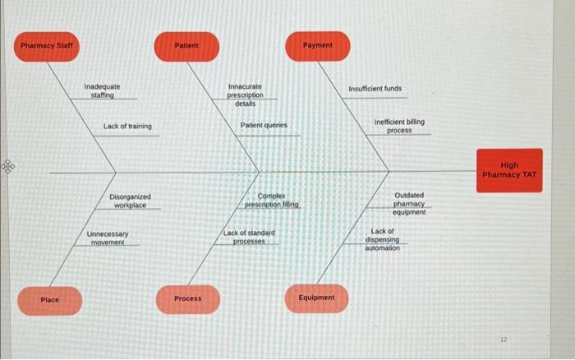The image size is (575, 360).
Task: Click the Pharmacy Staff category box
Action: coord(47,45)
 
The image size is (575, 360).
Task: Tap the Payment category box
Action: coord(317,45)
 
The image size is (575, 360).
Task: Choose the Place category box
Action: coord(50,300)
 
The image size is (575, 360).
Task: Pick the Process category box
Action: coord(188,298)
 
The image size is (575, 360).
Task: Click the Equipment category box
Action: coord(317,298)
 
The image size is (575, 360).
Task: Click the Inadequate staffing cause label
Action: coord(102,90)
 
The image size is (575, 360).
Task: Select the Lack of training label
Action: coord(127,127)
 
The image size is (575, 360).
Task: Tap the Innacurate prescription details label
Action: coord(245,95)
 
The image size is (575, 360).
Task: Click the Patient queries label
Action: coord(264,126)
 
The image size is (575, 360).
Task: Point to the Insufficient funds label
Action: coord(375,89)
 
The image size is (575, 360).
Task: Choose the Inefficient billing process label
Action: coord(399,126)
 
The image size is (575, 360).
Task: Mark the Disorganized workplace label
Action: coord(130,201)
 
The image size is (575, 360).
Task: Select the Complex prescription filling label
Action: coord(272,201)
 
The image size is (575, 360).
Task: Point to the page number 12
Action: coord(505,339)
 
